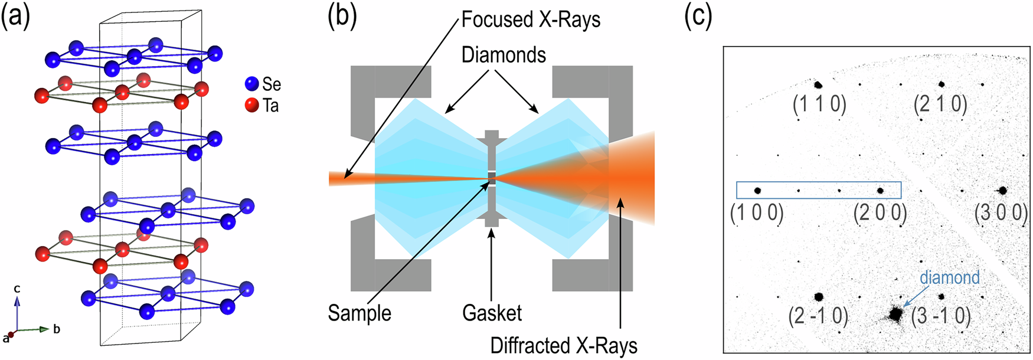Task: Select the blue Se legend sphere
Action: tap(252, 83)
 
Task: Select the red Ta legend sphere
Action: tap(252, 106)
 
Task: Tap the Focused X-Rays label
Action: tap(530, 19)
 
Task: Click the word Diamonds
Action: tap(504, 55)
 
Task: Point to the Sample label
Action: tap(359, 313)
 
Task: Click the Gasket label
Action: tap(492, 313)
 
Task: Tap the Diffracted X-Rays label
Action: tap(563, 346)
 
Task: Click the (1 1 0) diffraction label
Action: tap(819, 104)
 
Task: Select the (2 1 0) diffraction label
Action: tap(940, 104)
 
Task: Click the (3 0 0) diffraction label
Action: tap(1001, 212)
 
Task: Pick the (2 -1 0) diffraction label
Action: tap(818, 317)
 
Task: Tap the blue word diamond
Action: tap(949, 277)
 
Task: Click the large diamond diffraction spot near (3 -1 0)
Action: tap(895, 314)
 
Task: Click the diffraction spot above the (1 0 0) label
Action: tap(757, 191)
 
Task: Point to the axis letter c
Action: tap(17, 289)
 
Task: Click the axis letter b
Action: tap(57, 329)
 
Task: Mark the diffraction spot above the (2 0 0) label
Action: tap(880, 191)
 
